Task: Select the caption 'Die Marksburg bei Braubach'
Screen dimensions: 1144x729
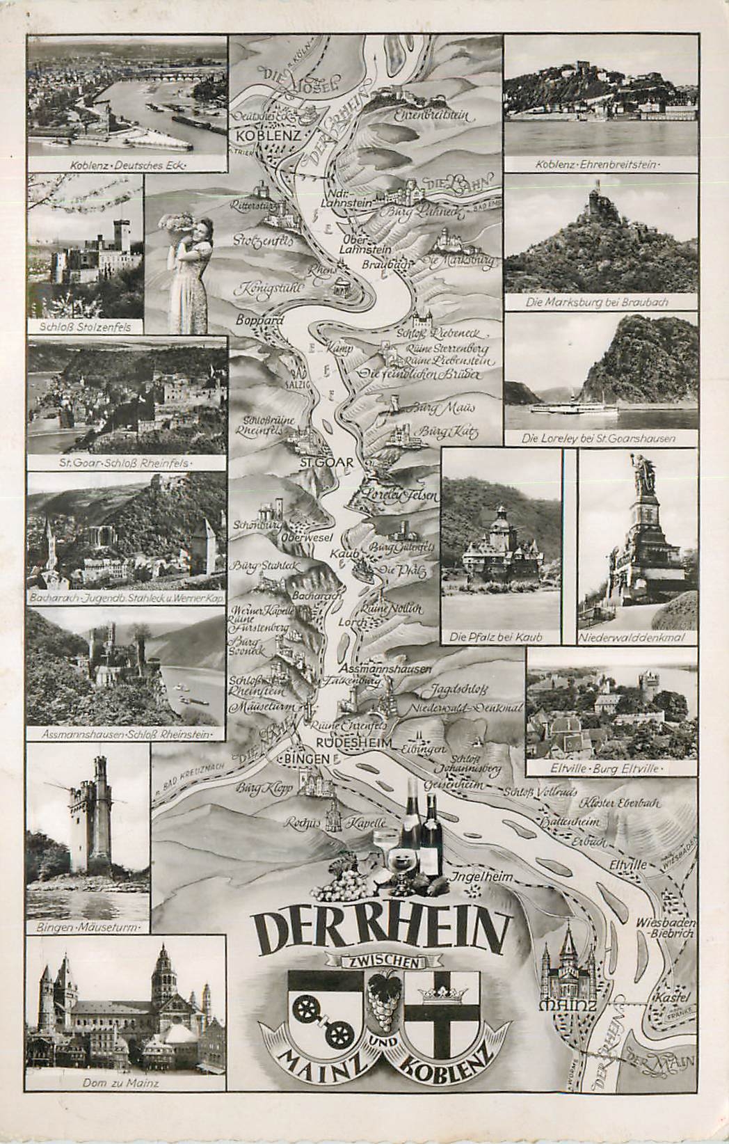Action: point(600,303)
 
